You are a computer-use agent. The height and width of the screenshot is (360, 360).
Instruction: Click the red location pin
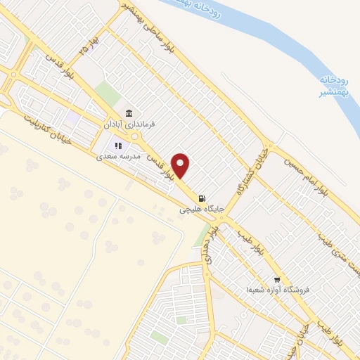(x=181, y=165)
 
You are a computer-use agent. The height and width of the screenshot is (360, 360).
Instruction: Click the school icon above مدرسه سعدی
(x=118, y=146)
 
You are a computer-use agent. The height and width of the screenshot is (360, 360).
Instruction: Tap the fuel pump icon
(x=203, y=198)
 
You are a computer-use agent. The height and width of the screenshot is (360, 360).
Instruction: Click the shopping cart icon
(x=277, y=278)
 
